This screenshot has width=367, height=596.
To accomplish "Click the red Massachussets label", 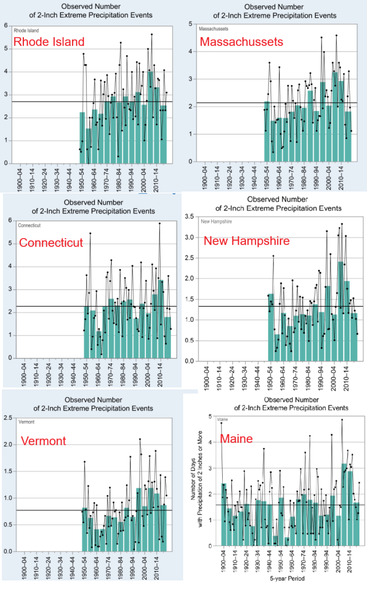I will (241, 42).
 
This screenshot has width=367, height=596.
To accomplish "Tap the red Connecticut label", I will (51, 243).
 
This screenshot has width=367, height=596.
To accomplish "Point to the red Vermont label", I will (46, 441).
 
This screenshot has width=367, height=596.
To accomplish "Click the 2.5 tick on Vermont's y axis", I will (8, 418).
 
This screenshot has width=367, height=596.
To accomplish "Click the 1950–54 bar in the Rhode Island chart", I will (83, 137).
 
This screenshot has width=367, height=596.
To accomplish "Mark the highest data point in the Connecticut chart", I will (159, 223).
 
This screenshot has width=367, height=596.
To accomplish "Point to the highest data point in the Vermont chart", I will (140, 439).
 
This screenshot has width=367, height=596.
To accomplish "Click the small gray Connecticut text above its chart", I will (24, 224).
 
